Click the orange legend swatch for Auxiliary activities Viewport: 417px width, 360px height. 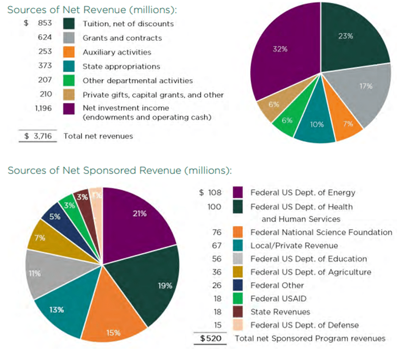tap(69, 52)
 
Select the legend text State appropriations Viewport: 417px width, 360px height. tap(121, 66)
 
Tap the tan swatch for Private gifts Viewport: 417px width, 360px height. tap(69, 94)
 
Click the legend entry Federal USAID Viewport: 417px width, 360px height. tap(278, 298)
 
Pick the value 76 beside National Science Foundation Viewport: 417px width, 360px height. tap(216, 232)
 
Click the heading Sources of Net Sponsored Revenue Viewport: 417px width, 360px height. tap(119, 170)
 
